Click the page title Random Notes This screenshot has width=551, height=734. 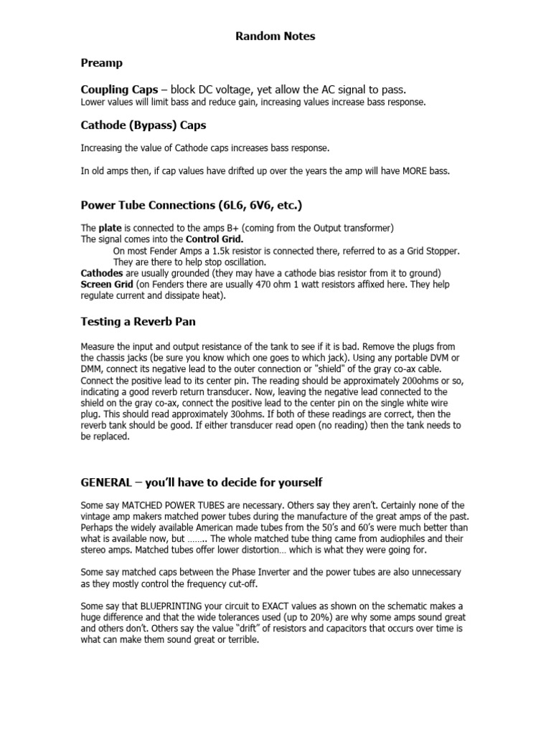275,36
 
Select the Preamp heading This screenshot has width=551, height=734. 101,63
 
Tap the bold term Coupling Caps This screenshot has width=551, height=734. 119,90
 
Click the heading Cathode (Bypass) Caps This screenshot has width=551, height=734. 143,125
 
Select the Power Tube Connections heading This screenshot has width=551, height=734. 191,205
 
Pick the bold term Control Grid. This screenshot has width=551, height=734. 215,239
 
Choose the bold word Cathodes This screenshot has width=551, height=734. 101,273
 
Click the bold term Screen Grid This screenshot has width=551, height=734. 106,284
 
